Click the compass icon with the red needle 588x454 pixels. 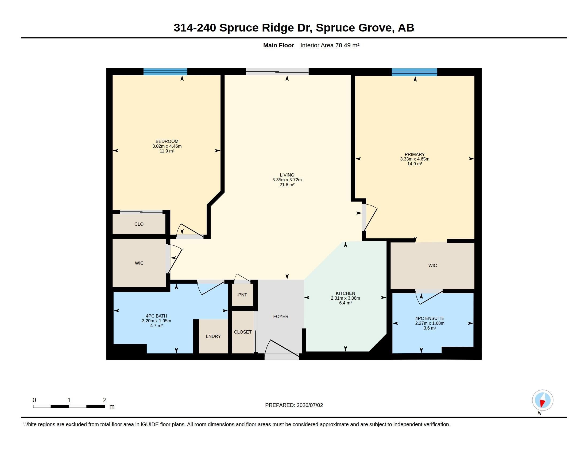[543, 400]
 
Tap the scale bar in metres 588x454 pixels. [69, 406]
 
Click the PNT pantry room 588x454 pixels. [243, 295]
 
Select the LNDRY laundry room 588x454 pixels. [213, 336]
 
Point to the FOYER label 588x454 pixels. [281, 316]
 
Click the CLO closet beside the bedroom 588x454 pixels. [139, 224]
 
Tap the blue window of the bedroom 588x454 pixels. [165, 72]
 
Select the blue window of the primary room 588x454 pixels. [414, 72]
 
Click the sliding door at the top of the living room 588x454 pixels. [277, 72]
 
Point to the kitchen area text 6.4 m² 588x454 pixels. [345, 303]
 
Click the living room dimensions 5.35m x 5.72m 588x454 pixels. [287, 180]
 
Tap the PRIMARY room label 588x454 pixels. [415, 154]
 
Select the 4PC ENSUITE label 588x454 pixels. [430, 318]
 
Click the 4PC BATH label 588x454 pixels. [156, 316]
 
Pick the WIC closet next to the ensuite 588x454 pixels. [432, 266]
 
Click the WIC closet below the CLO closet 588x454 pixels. [139, 263]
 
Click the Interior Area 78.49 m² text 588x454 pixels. [330, 45]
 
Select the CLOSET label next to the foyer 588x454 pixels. [243, 332]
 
